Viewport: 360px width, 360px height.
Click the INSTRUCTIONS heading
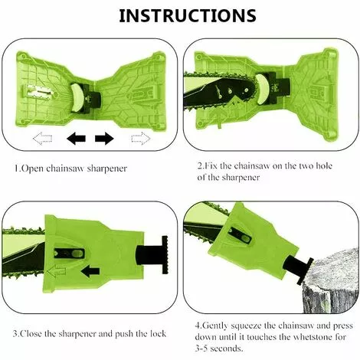188,15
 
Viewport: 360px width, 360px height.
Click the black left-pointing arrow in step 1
76,139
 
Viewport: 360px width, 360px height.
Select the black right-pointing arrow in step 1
104,139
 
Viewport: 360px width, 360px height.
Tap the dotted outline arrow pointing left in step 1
43,139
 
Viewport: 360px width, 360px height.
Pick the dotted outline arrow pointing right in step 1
141,139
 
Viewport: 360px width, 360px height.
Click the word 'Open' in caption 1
32,169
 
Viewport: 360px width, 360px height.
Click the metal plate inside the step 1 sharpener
41,91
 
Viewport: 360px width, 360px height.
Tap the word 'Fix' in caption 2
210,166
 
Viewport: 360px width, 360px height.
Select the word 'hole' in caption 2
324,166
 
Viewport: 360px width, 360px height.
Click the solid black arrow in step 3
90,271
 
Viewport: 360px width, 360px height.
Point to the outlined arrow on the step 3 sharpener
57,271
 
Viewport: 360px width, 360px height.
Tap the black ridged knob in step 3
165,254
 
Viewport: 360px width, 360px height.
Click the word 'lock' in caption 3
157,334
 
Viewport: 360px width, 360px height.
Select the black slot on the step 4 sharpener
240,235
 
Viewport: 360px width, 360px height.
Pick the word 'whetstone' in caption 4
313,337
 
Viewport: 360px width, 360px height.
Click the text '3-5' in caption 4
201,349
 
